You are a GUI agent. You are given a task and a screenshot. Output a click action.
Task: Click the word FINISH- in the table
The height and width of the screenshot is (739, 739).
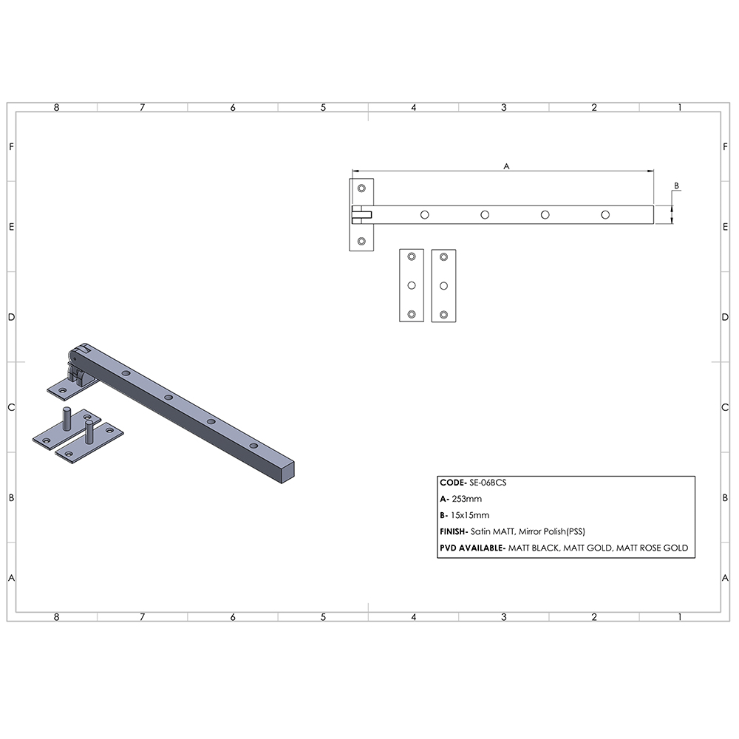pyautogui.click(x=452, y=531)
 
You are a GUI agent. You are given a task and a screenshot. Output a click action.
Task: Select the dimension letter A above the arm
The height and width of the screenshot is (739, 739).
pyautogui.click(x=507, y=167)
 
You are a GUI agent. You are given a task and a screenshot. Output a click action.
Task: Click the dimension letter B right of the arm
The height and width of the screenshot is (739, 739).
pyautogui.click(x=676, y=185)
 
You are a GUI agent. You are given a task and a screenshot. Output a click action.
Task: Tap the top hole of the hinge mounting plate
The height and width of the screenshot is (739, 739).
pyautogui.click(x=361, y=188)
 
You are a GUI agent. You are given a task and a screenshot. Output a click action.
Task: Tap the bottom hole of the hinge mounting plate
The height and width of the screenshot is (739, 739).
pyautogui.click(x=361, y=241)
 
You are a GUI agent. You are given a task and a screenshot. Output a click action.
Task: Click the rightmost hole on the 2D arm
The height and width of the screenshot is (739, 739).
pyautogui.click(x=605, y=214)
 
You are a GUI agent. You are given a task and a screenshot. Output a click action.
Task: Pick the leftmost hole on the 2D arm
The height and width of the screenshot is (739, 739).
pyautogui.click(x=424, y=214)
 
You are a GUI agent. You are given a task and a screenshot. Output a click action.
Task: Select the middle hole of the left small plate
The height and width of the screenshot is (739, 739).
pyautogui.click(x=412, y=285)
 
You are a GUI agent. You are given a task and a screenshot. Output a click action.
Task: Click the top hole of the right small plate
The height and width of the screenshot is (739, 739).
pyautogui.click(x=443, y=257)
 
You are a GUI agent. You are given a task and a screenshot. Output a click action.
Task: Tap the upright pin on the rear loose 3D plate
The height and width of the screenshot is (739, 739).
pyautogui.click(x=67, y=419)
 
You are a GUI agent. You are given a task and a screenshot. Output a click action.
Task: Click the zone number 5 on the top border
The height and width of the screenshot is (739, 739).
pyautogui.click(x=323, y=108)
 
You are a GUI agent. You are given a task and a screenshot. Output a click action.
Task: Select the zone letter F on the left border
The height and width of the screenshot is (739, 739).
pyautogui.click(x=11, y=146)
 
